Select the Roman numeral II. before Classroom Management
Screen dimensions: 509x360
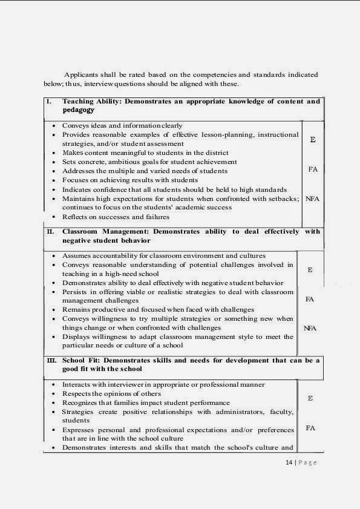pos(50,232)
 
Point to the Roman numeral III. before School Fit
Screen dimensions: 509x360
pos(51,360)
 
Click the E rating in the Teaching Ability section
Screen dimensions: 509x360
pos(312,140)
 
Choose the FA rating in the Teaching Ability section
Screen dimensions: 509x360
pos(313,169)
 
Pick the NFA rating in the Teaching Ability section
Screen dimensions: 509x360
pos(312,198)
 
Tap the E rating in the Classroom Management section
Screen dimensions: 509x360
pos(310,270)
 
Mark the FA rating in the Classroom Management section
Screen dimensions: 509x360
pos(310,299)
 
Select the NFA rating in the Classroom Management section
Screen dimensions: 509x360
pos(310,328)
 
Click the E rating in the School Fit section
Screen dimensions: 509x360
pos(310,398)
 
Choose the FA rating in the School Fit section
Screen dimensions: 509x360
pos(310,428)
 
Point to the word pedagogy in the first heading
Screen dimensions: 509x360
pos(79,111)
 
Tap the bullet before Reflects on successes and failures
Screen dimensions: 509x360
pos(54,217)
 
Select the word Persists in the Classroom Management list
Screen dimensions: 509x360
pos(74,292)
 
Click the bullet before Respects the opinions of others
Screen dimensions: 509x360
pos(54,393)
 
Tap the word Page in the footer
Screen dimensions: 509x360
pos(307,463)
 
